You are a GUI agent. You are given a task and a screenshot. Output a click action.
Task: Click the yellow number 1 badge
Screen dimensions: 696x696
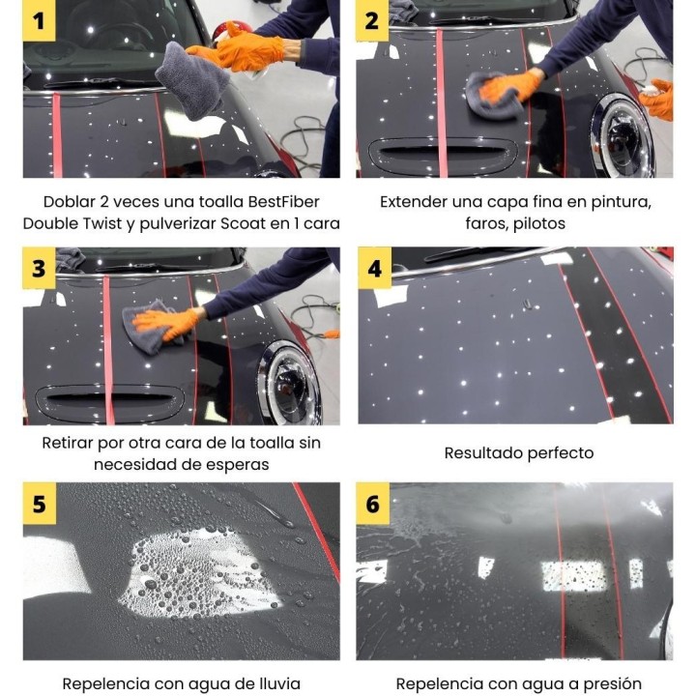pyautogui.click(x=39, y=20)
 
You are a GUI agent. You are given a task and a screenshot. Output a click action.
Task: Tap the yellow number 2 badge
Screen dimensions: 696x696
pyautogui.click(x=372, y=20)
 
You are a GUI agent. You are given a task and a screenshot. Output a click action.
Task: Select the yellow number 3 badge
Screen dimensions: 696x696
pyautogui.click(x=39, y=268)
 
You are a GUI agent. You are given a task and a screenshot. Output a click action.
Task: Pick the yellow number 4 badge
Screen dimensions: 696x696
pyautogui.click(x=375, y=268)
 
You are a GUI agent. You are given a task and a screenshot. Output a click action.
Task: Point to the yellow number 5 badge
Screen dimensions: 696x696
pyautogui.click(x=39, y=504)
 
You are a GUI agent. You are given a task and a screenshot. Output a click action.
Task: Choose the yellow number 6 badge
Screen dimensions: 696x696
pyautogui.click(x=372, y=504)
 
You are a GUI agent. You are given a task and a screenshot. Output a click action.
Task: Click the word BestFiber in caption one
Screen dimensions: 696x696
pyautogui.click(x=283, y=202)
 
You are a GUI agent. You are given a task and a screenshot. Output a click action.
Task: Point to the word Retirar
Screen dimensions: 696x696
pyautogui.click(x=68, y=443)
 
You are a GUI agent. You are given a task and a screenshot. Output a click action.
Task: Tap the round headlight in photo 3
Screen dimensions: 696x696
pyautogui.click(x=289, y=382)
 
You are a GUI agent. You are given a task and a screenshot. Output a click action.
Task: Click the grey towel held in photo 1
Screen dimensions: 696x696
pyautogui.click(x=192, y=80)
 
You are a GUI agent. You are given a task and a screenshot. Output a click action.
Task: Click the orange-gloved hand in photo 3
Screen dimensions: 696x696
pyautogui.click(x=166, y=323)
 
